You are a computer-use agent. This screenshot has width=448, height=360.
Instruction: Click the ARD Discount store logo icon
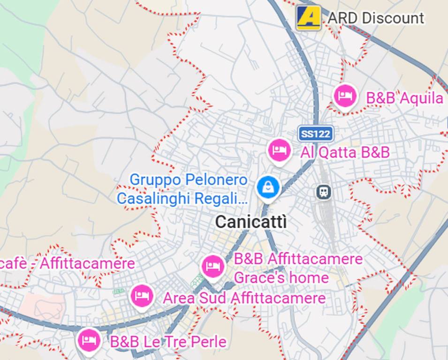(308, 18)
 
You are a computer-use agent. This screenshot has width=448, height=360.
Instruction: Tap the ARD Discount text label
(375, 18)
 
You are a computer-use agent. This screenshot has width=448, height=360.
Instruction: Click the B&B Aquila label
(404, 98)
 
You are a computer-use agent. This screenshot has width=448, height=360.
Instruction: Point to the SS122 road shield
(316, 134)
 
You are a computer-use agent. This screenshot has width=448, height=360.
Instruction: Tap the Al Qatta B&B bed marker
(280, 150)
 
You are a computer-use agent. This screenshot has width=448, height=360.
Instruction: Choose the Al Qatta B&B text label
(345, 152)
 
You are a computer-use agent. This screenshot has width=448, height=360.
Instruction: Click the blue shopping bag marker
(268, 187)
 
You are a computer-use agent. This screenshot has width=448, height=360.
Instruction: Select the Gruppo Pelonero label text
(188, 180)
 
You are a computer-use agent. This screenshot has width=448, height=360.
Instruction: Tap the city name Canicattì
(251, 222)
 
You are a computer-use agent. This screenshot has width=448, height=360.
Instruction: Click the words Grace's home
(281, 278)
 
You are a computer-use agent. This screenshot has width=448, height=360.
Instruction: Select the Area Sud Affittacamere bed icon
(142, 296)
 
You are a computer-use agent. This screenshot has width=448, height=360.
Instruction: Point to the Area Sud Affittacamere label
(244, 298)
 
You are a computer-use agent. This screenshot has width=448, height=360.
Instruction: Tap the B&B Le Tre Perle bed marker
(89, 340)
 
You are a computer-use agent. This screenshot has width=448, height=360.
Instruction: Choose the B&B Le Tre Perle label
(168, 342)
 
